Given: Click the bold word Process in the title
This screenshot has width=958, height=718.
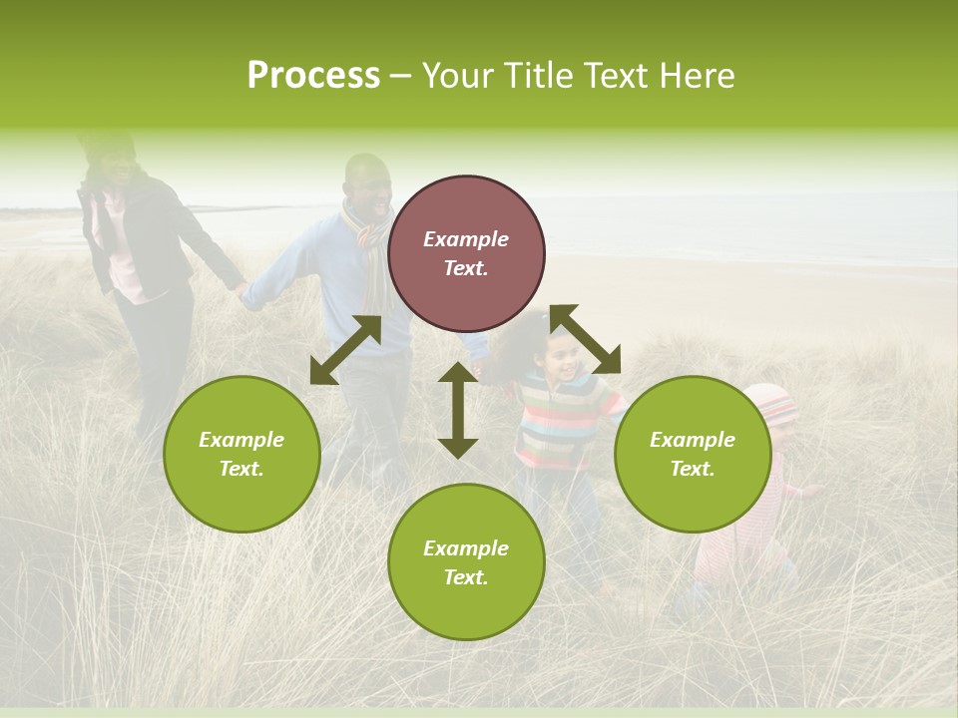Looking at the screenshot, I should [313, 76].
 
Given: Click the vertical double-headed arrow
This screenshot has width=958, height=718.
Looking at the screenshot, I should [458, 410].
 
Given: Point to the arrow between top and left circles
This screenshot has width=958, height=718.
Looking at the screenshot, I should [345, 350].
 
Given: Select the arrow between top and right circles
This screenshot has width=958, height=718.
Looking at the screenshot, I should [586, 339].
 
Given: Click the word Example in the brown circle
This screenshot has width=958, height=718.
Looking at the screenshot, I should [466, 239].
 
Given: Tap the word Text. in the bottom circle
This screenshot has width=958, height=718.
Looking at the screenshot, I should [466, 577].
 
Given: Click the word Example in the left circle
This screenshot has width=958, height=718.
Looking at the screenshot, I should [241, 440].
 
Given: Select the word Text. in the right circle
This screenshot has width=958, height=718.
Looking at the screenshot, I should [693, 469].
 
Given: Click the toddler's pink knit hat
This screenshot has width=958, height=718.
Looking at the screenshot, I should [770, 401].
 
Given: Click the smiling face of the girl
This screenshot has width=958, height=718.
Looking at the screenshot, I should [562, 357].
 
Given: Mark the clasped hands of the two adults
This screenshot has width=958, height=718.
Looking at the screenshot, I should [240, 291].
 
